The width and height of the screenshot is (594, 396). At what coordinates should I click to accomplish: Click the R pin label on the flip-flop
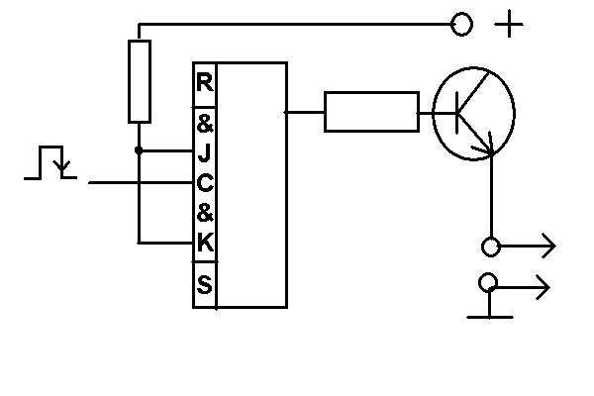(x=205, y=82)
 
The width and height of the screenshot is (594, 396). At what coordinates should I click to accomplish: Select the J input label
(x=205, y=152)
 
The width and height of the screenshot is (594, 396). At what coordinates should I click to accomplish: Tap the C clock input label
(x=205, y=183)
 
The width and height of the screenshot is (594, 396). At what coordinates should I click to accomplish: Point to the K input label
(x=205, y=242)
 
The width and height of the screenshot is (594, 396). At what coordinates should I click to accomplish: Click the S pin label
(x=205, y=286)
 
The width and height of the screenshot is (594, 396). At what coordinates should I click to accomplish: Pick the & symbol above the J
(x=205, y=125)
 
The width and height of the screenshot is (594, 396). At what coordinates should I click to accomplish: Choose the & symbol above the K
(x=205, y=212)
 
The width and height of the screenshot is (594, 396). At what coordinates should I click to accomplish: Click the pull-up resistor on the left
(x=140, y=80)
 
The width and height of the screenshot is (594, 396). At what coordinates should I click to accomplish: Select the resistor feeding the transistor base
(x=371, y=112)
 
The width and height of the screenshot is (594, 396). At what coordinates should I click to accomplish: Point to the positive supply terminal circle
(x=461, y=24)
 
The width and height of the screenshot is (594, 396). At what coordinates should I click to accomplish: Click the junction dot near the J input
(x=140, y=150)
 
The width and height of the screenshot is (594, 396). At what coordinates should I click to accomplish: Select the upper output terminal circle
(x=489, y=247)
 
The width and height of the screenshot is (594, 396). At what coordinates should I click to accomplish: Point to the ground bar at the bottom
(x=490, y=317)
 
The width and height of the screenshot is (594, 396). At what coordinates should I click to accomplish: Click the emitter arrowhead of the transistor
(x=487, y=149)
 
